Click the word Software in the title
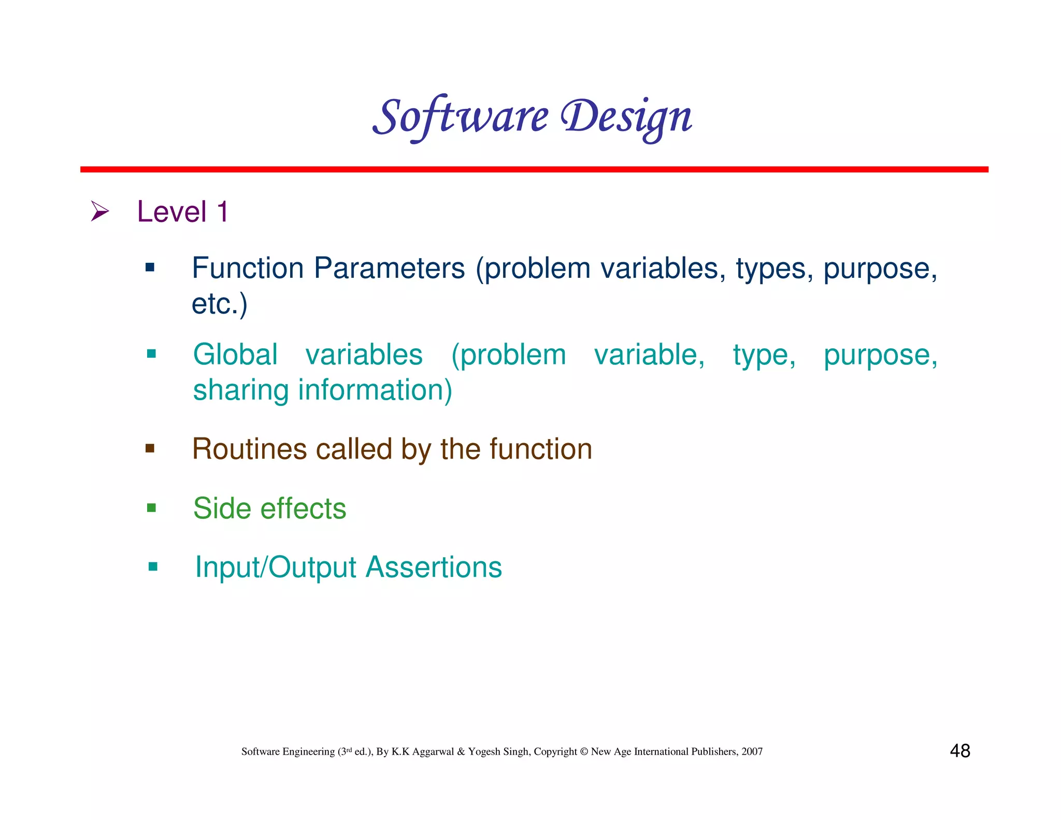pyautogui.click(x=460, y=117)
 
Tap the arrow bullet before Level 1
pyautogui.click(x=99, y=211)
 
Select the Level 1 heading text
pyautogui.click(x=182, y=212)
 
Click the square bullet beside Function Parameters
pyautogui.click(x=150, y=267)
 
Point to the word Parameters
pyautogui.click(x=390, y=268)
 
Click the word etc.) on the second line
pyautogui.click(x=220, y=304)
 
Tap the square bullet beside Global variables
pyautogui.click(x=151, y=354)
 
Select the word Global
pyautogui.click(x=235, y=355)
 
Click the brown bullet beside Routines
pyautogui.click(x=150, y=448)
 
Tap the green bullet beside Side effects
pyautogui.click(x=151, y=507)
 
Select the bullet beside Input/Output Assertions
pyautogui.click(x=153, y=567)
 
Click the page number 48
pyautogui.click(x=960, y=751)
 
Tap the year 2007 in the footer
pyautogui.click(x=752, y=752)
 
